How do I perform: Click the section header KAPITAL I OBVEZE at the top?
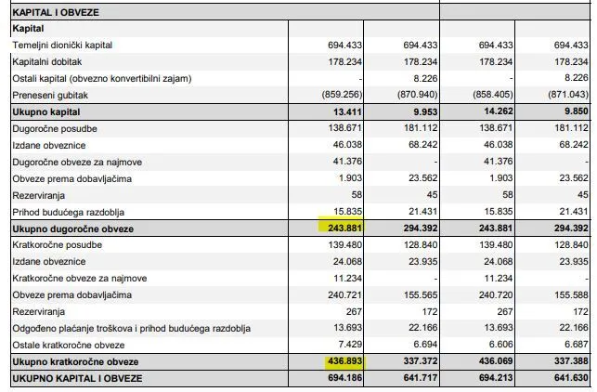click(x=56, y=13)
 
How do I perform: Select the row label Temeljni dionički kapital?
click(x=62, y=46)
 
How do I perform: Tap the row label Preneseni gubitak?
click(x=50, y=96)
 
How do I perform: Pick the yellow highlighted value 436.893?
click(x=344, y=360)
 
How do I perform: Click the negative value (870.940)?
click(x=417, y=95)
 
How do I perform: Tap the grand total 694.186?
click(x=344, y=378)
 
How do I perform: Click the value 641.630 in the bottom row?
click(x=571, y=378)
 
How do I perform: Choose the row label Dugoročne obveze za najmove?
click(x=77, y=163)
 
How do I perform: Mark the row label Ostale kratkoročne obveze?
click(x=69, y=346)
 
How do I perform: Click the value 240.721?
click(x=344, y=294)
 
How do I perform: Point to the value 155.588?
click(x=571, y=294)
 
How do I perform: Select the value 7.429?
click(x=350, y=345)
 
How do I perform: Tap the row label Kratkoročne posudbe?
click(x=58, y=245)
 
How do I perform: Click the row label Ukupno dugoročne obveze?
click(x=72, y=229)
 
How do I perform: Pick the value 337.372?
click(x=421, y=360)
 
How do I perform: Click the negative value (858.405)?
click(x=493, y=95)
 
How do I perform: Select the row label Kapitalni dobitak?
click(x=46, y=62)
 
